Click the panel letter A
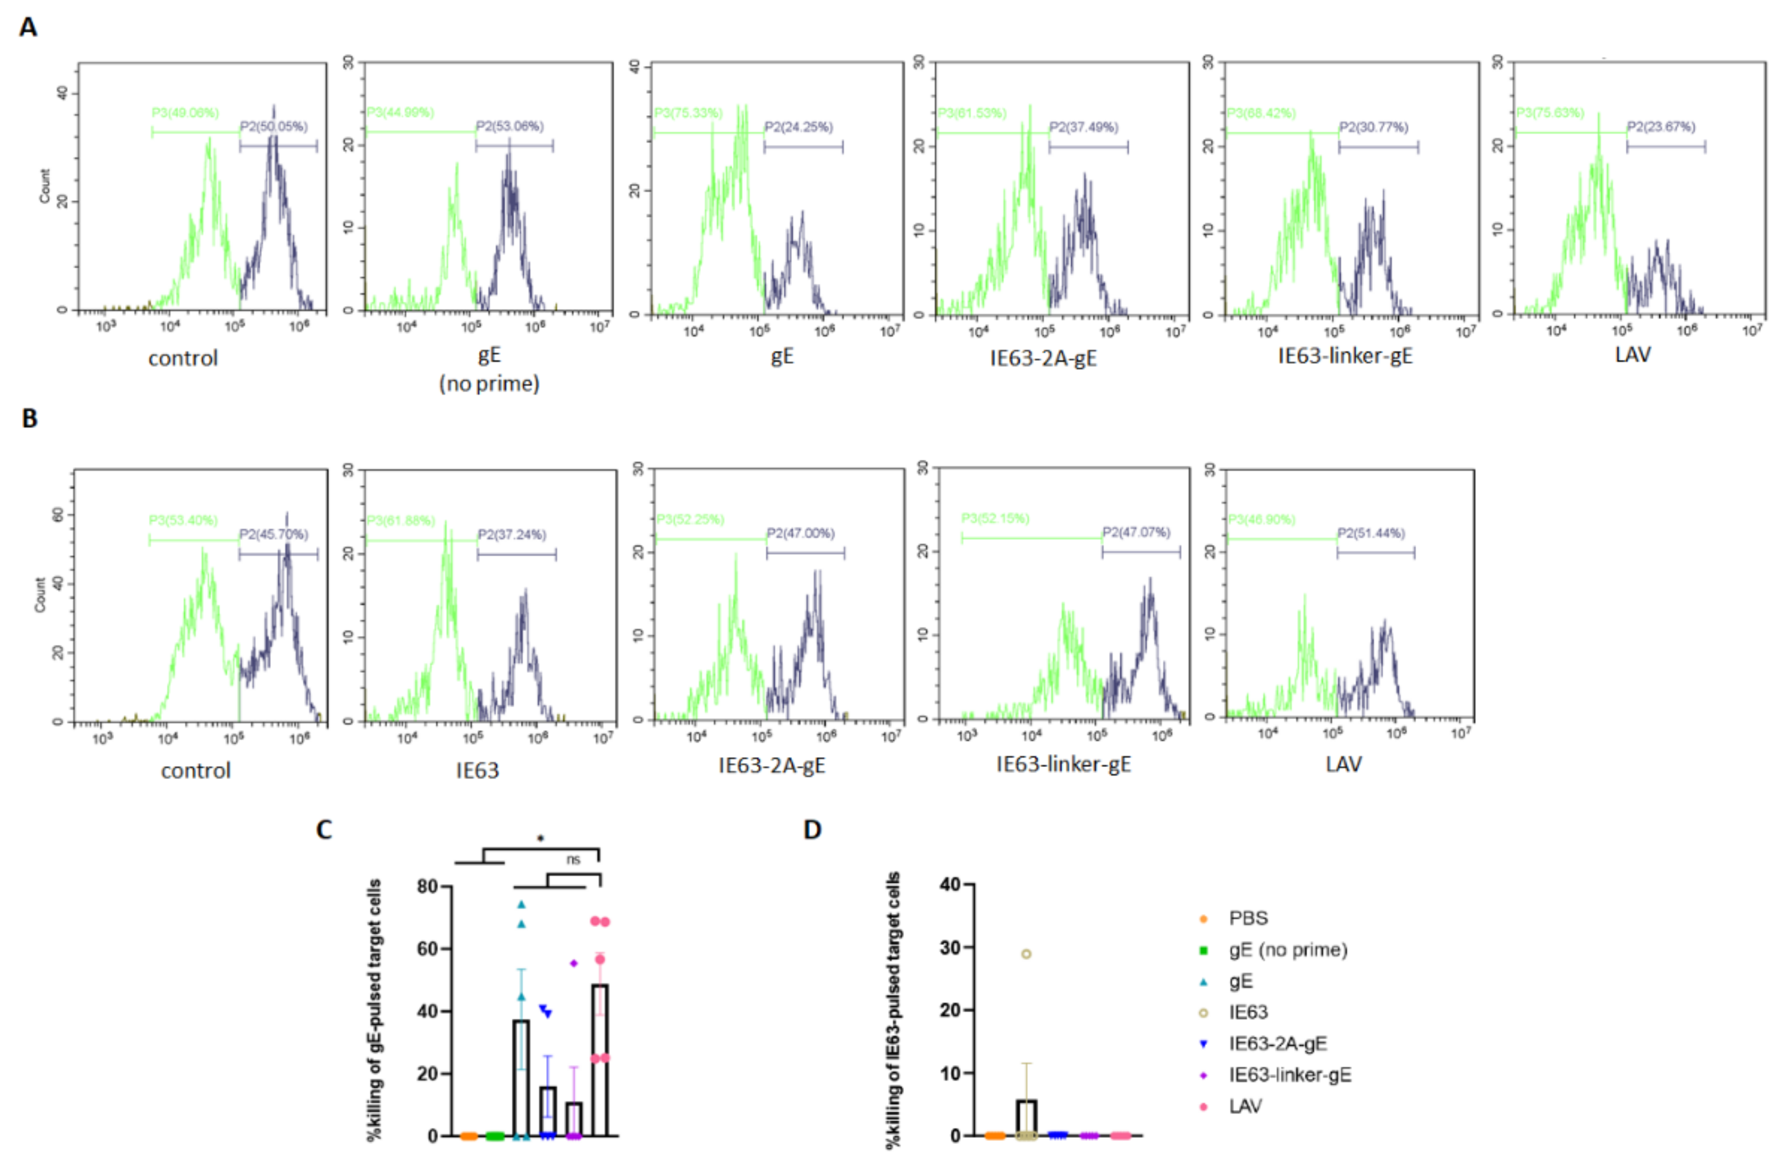[28, 28]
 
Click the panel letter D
[812, 830]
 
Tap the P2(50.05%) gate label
[273, 127]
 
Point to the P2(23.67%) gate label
[1661, 127]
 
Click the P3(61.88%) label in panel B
[400, 521]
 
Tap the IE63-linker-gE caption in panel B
[1063, 764]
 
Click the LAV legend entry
[1245, 1106]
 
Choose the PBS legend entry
[1248, 918]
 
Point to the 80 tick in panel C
[428, 887]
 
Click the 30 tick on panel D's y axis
[950, 948]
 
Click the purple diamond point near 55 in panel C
[574, 963]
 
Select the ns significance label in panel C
[573, 860]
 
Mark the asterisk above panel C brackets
[541, 838]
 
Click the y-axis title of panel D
[893, 1010]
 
